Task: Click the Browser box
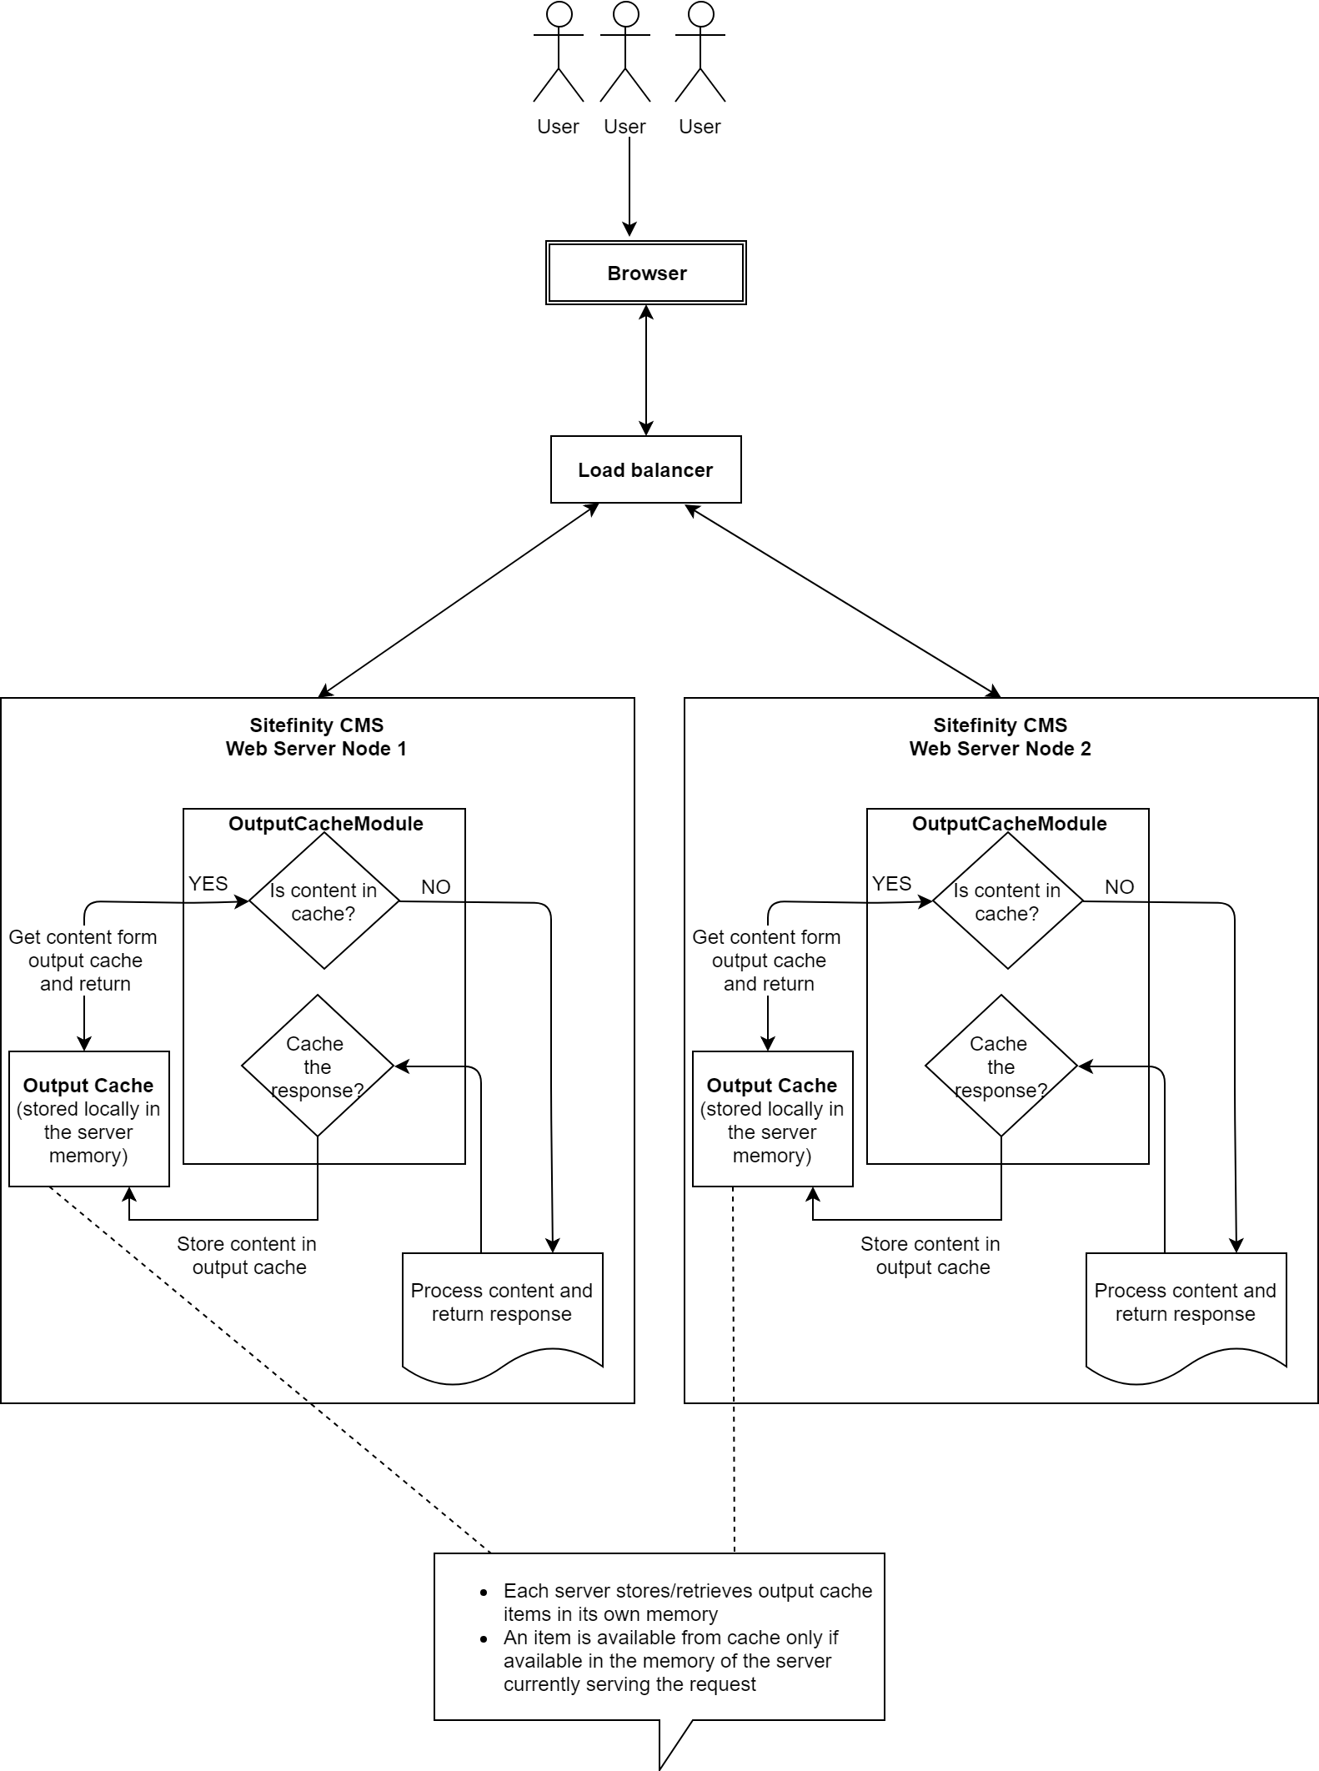coord(645,273)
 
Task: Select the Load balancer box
coord(645,469)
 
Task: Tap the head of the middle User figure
coord(625,14)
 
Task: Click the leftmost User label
coord(558,127)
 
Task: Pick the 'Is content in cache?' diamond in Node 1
coord(324,901)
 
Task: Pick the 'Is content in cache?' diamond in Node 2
coord(1007,901)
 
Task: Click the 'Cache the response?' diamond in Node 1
coord(317,1066)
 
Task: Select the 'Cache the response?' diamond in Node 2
coord(1001,1066)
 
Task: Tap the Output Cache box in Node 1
coord(88,1119)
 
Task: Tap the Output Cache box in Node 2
coord(772,1119)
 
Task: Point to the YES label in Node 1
coord(208,884)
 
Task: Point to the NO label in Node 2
coord(1119,887)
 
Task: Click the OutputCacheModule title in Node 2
coord(1009,824)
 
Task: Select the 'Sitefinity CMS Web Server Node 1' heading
coord(317,737)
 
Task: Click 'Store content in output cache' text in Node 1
coord(248,1256)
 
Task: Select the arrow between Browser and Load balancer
coord(645,370)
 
